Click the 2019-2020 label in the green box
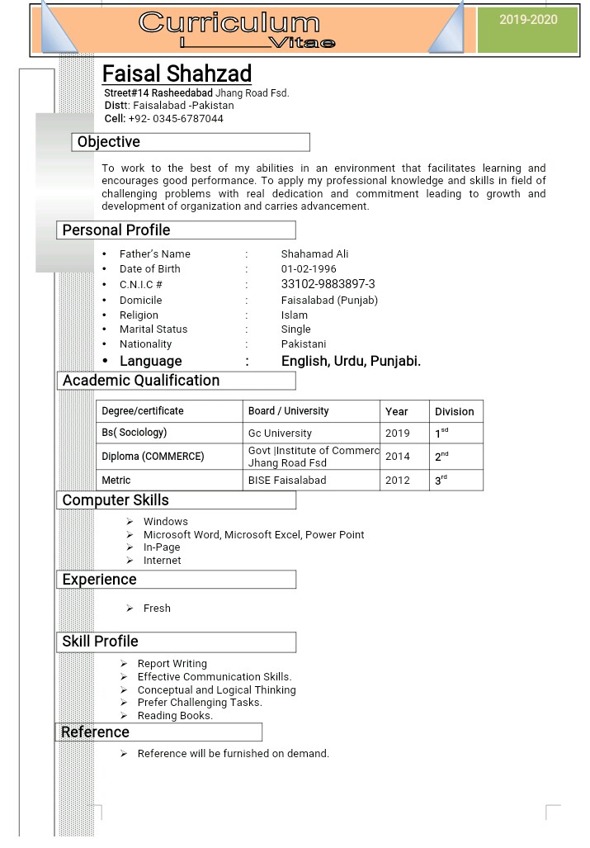click(x=528, y=20)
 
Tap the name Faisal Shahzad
click(x=177, y=73)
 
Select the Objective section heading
click(x=109, y=142)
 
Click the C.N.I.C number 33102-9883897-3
click(x=328, y=284)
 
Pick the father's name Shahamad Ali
click(x=314, y=254)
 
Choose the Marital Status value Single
click(x=295, y=329)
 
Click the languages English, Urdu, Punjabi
click(x=351, y=361)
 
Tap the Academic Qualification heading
click(x=141, y=381)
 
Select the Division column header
click(x=455, y=411)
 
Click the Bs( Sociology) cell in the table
click(x=135, y=433)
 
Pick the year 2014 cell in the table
click(x=397, y=457)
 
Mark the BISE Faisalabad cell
click(x=287, y=481)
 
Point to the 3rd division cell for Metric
click(x=441, y=480)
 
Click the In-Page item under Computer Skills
click(x=162, y=547)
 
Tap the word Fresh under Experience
click(x=157, y=609)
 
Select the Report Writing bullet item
click(x=172, y=664)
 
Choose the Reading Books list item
click(x=175, y=716)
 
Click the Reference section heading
click(x=96, y=732)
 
